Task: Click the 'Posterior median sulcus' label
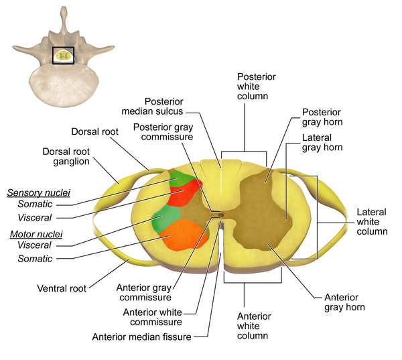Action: [164, 106]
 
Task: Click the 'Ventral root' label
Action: [62, 289]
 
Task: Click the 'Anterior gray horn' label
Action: [344, 302]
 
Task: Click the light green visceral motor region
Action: [165, 218]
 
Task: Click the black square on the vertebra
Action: [63, 56]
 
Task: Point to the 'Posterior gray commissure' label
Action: [163, 132]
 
